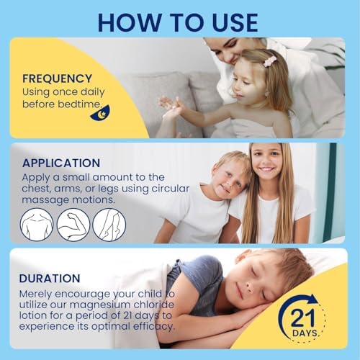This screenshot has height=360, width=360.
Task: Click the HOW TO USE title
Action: (x=178, y=22)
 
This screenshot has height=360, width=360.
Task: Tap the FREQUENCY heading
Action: (x=57, y=78)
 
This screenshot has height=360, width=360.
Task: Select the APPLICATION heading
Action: (x=61, y=163)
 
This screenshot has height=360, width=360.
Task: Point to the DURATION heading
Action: (x=50, y=279)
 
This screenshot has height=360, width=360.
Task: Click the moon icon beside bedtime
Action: (x=101, y=113)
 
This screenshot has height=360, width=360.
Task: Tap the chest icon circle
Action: (x=37, y=225)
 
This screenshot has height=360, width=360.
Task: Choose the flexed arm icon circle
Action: (x=73, y=225)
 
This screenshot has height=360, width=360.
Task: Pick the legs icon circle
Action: (x=109, y=225)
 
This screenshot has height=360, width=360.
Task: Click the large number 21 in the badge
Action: (x=303, y=318)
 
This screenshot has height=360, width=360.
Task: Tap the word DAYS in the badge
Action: (x=305, y=333)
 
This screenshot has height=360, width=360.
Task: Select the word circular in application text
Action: (x=171, y=189)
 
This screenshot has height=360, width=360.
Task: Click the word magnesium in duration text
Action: (x=100, y=305)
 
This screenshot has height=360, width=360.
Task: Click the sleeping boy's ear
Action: (x=240, y=258)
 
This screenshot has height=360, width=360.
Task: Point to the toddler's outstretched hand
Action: (x=171, y=106)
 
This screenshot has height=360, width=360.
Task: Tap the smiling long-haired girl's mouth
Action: (x=266, y=169)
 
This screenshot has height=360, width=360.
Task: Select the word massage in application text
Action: (x=45, y=200)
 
